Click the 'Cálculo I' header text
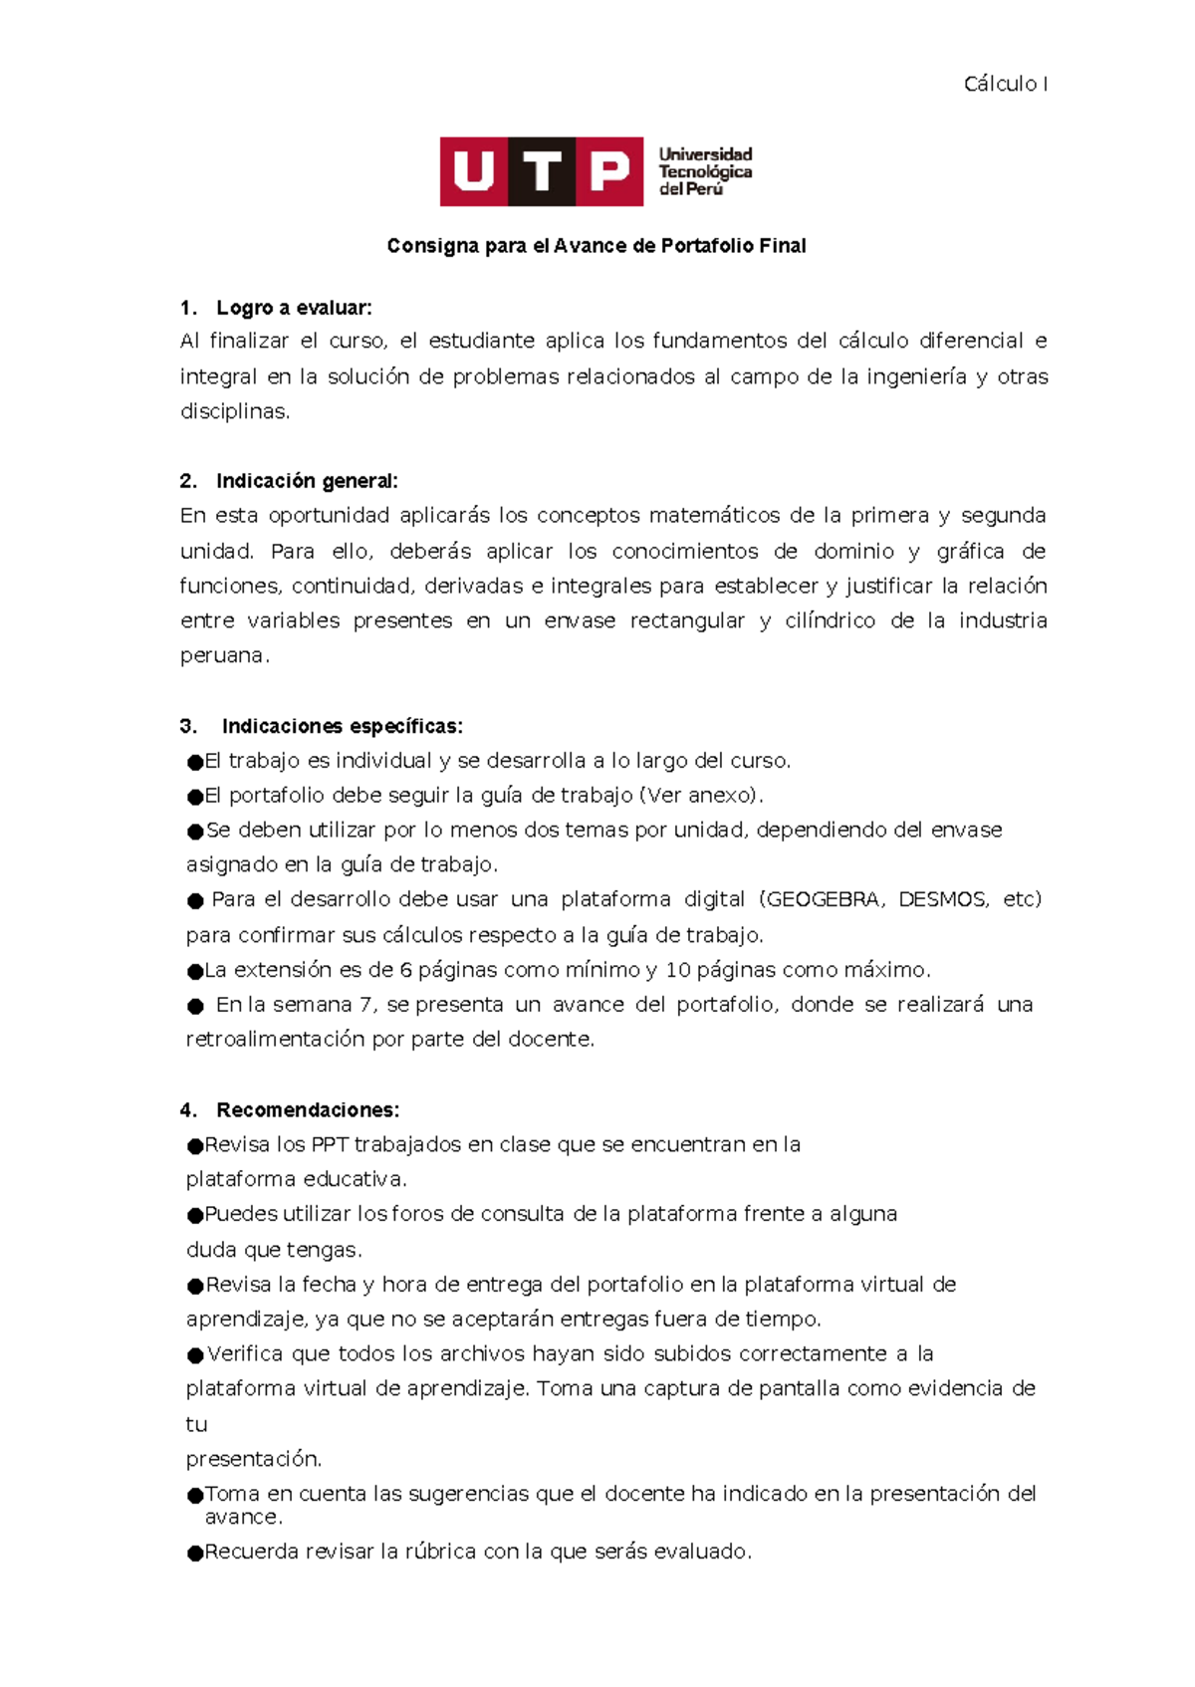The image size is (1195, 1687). [x=1005, y=85]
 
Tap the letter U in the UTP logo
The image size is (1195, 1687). [x=474, y=171]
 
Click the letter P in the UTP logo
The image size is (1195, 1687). [x=609, y=171]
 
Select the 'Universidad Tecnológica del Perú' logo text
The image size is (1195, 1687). [x=705, y=171]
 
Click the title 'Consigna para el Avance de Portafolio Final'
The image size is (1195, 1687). [x=597, y=246]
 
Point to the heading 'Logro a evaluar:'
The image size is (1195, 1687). [x=294, y=308]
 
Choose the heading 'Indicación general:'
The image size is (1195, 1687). [x=307, y=481]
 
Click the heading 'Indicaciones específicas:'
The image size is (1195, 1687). [x=342, y=726]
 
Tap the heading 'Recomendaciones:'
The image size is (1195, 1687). [x=308, y=1110]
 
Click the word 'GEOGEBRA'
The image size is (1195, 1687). [x=823, y=900]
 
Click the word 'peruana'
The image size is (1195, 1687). [x=222, y=656]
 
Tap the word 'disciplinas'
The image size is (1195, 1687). [x=233, y=412]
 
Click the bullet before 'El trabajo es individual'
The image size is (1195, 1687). [x=195, y=763]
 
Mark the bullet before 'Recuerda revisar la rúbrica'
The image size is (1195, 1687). [x=195, y=1554]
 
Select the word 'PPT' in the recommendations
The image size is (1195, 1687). [x=329, y=1145]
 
